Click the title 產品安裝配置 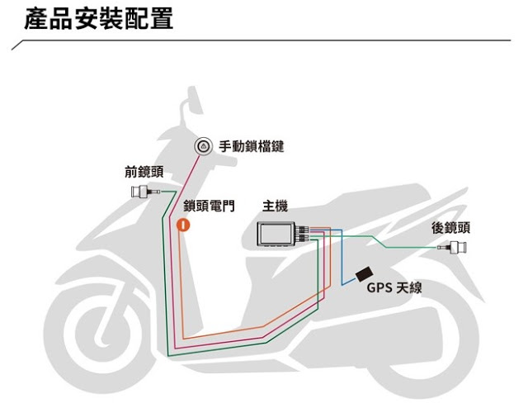pos(99,19)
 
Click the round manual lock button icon pos(202,147)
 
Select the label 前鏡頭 pos(144,172)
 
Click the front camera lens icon pos(140,194)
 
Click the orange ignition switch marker pos(185,224)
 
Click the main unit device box pos(279,234)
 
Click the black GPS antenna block pos(363,273)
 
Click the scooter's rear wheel pos(417,347)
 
